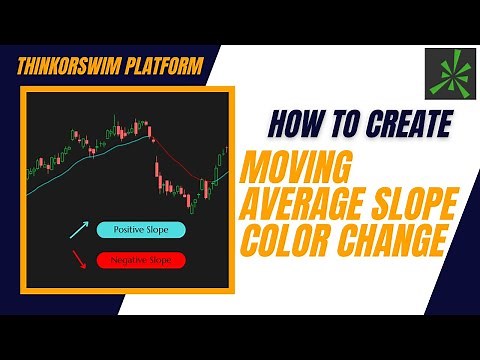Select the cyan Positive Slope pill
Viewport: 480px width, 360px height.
tap(140, 229)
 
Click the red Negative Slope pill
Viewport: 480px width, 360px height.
tap(140, 260)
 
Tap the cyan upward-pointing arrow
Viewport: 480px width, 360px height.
tap(77, 231)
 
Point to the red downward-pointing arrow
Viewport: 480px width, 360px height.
tap(77, 263)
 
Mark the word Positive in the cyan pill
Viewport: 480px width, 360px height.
tap(125, 229)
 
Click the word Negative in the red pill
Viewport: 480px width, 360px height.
tap(125, 260)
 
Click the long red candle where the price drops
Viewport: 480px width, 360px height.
tap(157, 160)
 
